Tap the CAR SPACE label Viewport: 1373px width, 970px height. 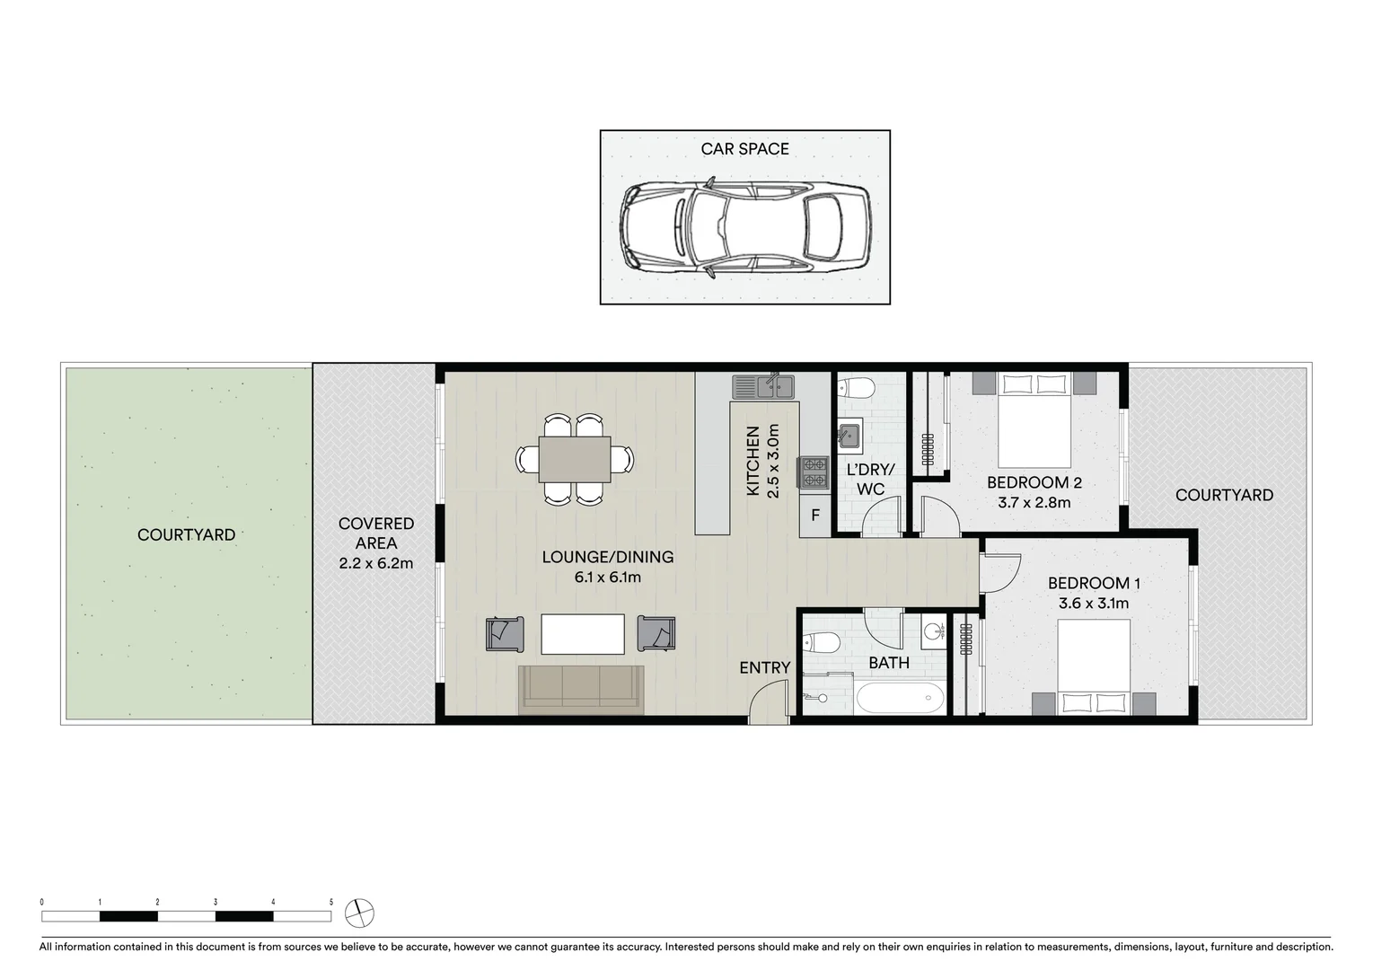point(744,149)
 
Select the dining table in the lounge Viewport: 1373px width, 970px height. point(575,459)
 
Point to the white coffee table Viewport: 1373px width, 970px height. point(582,634)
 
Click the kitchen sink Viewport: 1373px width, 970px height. point(763,387)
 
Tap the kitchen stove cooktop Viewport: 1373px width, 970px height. point(814,472)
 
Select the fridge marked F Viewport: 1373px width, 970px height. point(815,516)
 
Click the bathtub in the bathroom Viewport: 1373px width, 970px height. point(899,697)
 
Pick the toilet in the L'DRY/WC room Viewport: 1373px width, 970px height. point(856,388)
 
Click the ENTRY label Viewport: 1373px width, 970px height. point(764,667)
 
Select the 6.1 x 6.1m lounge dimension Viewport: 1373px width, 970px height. point(607,578)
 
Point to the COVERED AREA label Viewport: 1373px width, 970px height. point(376,533)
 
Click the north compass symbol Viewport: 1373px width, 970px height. point(359,913)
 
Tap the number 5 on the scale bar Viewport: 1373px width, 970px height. point(331,902)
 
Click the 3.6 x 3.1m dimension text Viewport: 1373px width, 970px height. point(1093,604)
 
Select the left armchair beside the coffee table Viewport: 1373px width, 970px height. point(506,634)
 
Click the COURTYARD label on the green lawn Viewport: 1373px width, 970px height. point(186,535)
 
